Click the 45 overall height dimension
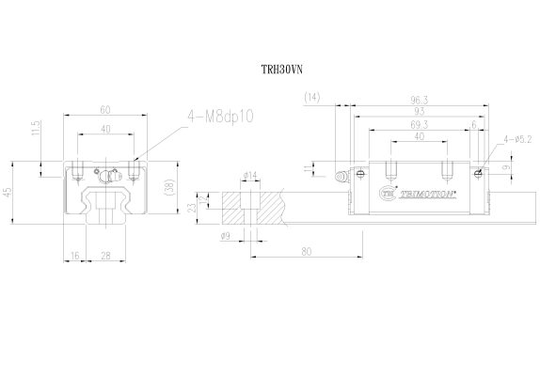pos(9,193)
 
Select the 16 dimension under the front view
pos(74,255)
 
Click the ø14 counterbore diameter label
pos(251,175)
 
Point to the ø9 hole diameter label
pos(227,236)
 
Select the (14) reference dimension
pos(313,97)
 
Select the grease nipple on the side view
pos(342,176)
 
